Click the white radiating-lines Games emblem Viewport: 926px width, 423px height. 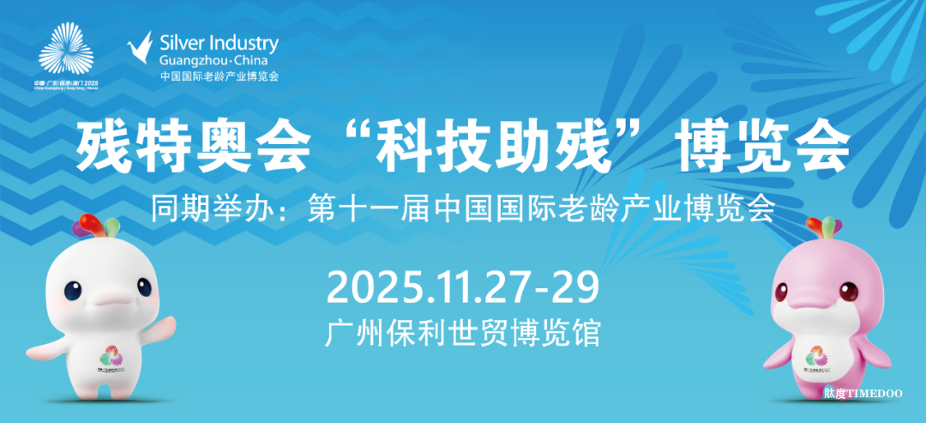coord(66,51)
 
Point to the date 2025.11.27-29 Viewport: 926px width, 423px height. coord(462,287)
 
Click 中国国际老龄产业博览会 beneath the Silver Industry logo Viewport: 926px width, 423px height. coord(219,76)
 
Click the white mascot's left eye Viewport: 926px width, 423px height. coord(72,291)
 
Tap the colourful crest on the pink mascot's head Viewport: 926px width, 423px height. coord(827,227)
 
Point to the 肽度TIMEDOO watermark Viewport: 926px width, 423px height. coord(863,393)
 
